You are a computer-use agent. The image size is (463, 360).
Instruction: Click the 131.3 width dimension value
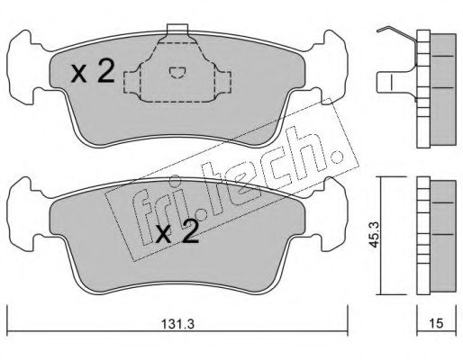pos(178,324)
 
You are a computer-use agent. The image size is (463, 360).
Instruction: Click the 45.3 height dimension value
pos(374,235)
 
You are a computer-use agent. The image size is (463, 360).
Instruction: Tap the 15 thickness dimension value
pos(437,323)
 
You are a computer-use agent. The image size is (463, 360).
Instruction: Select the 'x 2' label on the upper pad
pos(93,71)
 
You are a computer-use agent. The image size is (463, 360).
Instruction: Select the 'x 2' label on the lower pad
pos(177,231)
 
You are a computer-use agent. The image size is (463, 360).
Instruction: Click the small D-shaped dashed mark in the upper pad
pos(177,72)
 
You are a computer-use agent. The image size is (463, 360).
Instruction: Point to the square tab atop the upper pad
pos(177,29)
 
